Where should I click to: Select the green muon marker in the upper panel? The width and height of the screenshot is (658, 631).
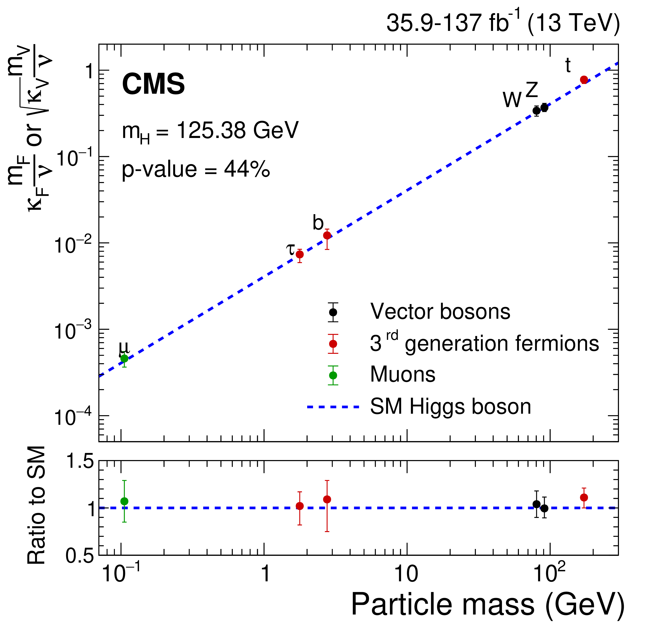[124, 358]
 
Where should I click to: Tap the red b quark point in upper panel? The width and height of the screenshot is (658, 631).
[327, 236]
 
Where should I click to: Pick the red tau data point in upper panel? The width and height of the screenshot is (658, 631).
[300, 254]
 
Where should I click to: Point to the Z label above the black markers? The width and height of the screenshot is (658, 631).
[532, 90]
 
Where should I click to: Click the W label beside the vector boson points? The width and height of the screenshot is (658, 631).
[512, 100]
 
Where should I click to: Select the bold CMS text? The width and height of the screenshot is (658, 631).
[153, 84]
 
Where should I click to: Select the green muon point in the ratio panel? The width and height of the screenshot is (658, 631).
[124, 501]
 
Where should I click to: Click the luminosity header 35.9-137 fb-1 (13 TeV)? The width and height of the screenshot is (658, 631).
[503, 23]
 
